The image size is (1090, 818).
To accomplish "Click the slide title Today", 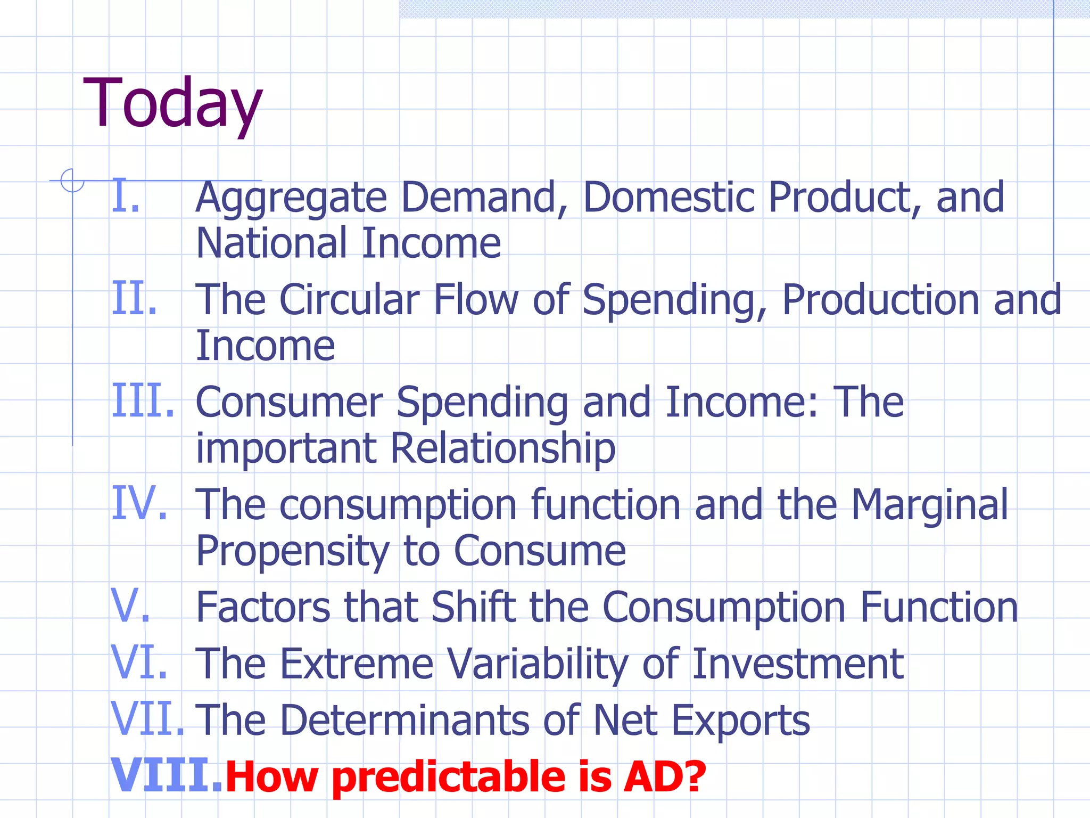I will pos(173,104).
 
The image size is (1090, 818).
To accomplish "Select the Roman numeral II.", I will pos(134,299).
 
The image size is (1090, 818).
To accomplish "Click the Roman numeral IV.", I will pos(139,504).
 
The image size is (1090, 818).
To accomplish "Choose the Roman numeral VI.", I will pos(139,662).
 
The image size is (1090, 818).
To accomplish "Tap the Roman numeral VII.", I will pos(147,719).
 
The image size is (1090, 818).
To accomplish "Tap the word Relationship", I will pos(502,448).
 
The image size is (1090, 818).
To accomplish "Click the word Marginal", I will pos(929,505).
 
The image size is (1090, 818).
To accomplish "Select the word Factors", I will pos(263,607).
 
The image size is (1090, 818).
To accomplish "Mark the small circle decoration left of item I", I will pos(72,181).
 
